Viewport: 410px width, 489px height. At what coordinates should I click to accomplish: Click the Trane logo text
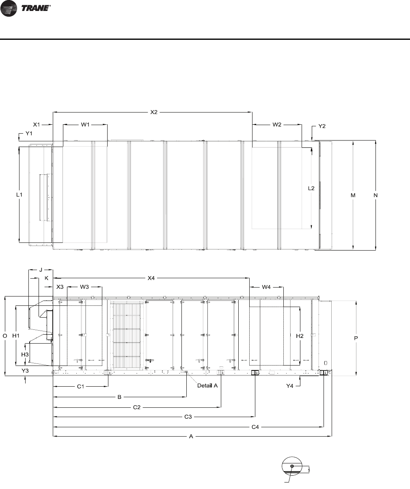(x=36, y=8)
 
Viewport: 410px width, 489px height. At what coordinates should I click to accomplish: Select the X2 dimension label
(x=154, y=112)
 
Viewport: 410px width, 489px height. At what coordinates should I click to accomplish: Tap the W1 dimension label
(x=85, y=125)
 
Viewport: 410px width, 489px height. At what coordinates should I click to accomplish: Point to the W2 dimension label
(x=277, y=125)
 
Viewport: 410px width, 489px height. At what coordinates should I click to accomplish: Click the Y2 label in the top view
(x=322, y=126)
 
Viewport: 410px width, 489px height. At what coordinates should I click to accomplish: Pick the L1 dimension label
(x=19, y=195)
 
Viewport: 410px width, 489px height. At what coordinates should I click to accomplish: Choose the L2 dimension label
(x=311, y=188)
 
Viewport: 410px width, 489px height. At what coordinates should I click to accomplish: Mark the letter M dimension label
(x=353, y=195)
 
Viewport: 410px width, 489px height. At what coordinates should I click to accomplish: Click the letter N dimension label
(x=375, y=195)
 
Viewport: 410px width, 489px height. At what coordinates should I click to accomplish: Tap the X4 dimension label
(x=151, y=278)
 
